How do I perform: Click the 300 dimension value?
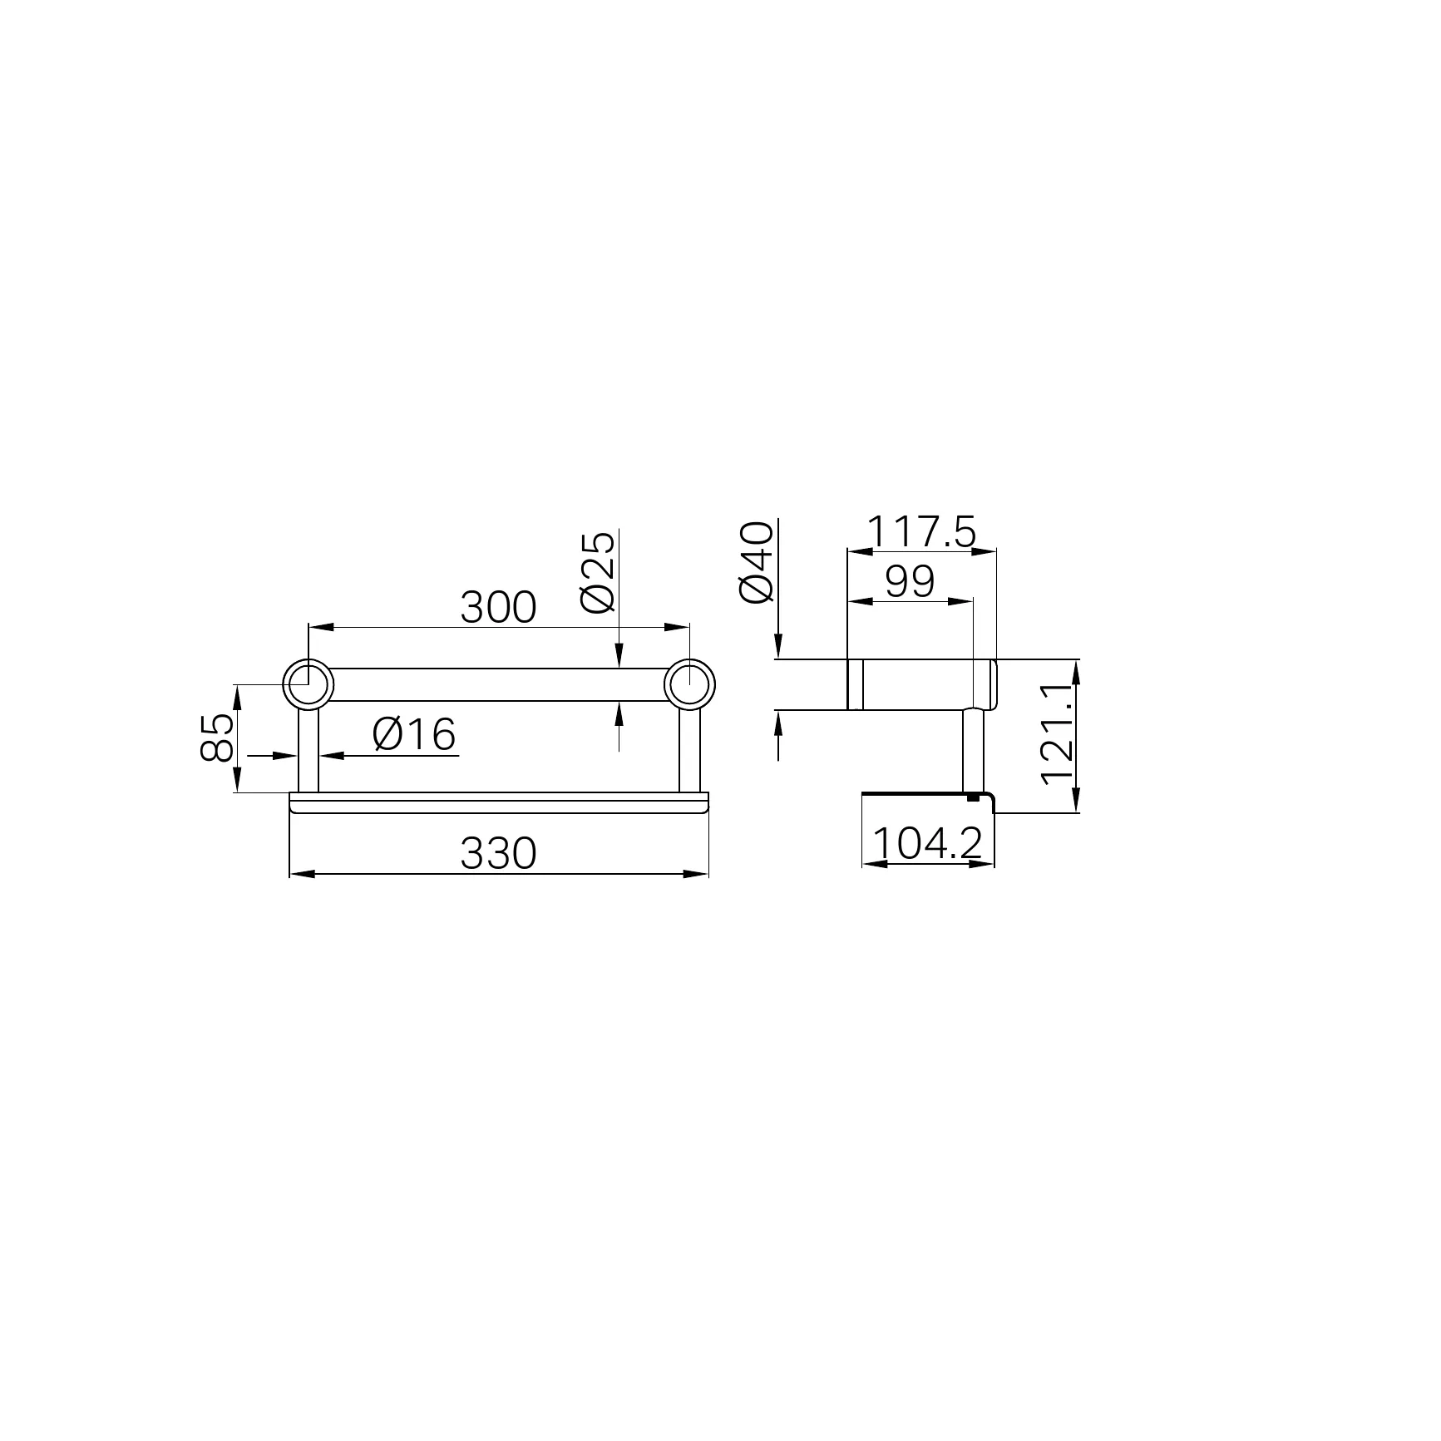point(498,608)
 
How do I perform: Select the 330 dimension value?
point(498,854)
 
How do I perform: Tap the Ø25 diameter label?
point(600,571)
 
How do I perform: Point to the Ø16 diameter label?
point(414,735)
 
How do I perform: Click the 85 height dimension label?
point(218,737)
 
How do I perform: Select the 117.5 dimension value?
point(920,532)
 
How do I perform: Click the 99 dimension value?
point(910,582)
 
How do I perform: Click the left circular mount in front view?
point(308,684)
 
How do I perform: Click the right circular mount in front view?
point(689,684)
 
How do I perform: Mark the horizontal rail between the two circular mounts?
point(499,684)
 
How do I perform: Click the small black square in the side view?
point(972,797)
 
